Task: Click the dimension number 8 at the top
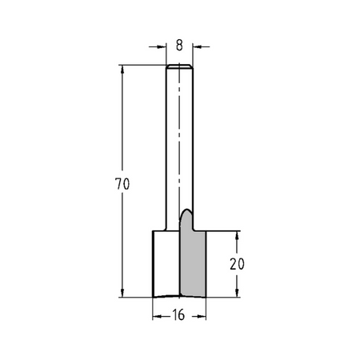coord(179,46)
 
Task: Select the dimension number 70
coord(122,184)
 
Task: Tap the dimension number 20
coord(237,264)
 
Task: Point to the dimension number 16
coord(178,315)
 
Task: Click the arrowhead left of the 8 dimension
coord(162,46)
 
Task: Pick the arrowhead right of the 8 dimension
coord(198,46)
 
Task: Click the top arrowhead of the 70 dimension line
coord(122,70)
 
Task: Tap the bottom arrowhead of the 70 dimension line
coord(122,293)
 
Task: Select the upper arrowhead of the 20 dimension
coord(237,236)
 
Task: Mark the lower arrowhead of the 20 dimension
coord(237,293)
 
